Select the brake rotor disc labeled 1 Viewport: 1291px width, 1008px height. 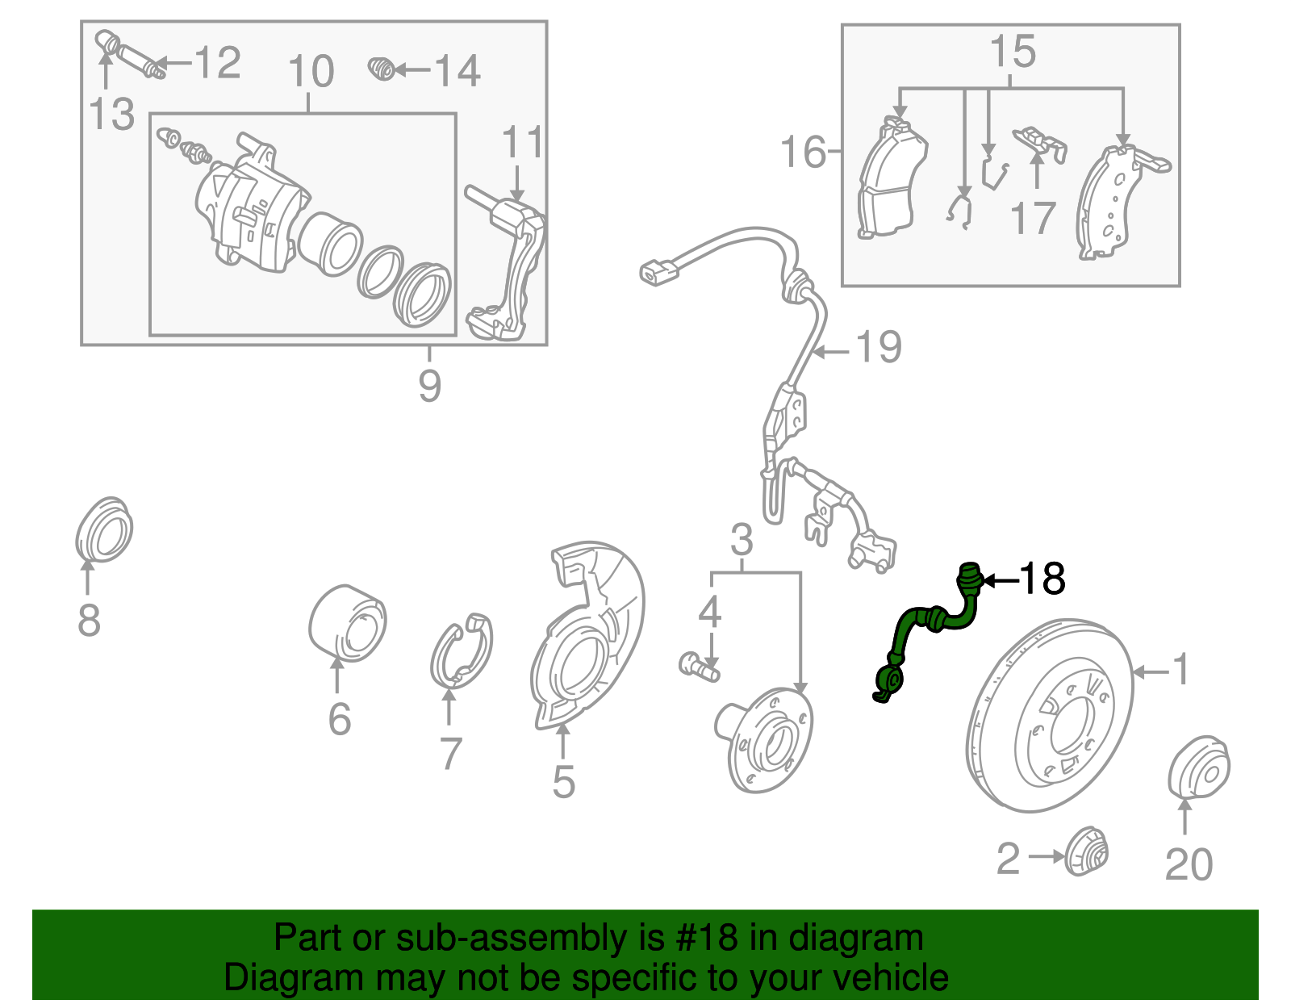click(x=1049, y=714)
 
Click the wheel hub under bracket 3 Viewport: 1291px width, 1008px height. click(x=765, y=738)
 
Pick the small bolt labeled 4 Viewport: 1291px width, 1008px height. click(x=697, y=667)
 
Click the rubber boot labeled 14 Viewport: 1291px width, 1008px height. click(x=382, y=69)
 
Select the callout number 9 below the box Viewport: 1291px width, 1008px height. click(x=429, y=385)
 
